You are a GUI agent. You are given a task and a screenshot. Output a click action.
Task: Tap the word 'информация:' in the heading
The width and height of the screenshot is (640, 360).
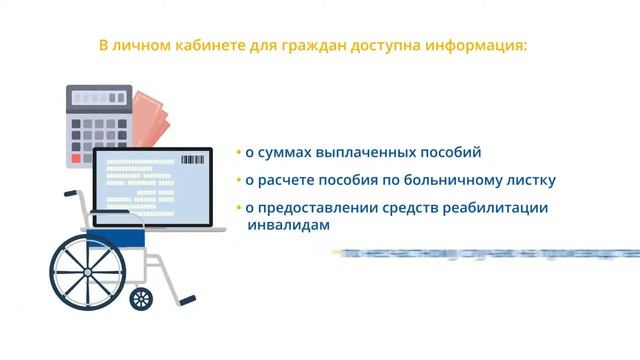point(490,46)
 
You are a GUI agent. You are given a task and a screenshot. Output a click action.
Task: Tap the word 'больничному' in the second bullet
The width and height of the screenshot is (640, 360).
point(461,181)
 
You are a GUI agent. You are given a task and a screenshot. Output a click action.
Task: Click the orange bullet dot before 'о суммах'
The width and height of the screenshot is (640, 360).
point(239,153)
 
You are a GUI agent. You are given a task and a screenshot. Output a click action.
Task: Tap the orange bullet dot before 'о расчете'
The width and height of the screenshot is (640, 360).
point(239,181)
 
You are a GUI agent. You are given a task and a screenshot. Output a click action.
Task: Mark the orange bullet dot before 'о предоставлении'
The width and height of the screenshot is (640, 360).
point(239,208)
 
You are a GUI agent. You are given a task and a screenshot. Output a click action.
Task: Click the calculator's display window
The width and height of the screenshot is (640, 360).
point(98,98)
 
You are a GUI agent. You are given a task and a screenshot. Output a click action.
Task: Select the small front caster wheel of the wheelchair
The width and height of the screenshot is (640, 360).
point(142,298)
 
